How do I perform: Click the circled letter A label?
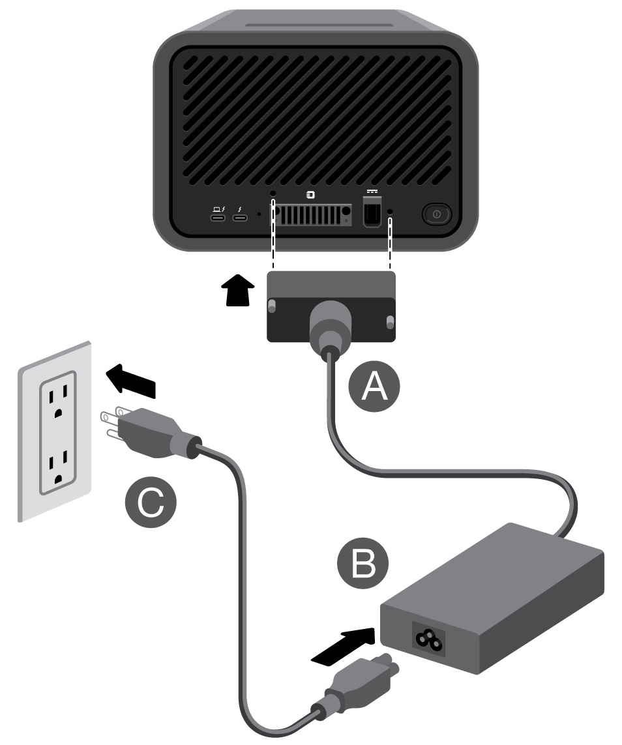click(374, 387)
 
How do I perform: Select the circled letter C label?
click(151, 506)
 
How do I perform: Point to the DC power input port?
click(372, 213)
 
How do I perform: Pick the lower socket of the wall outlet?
click(58, 467)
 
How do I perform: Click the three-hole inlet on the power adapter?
click(425, 641)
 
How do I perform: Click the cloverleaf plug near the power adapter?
click(362, 678)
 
